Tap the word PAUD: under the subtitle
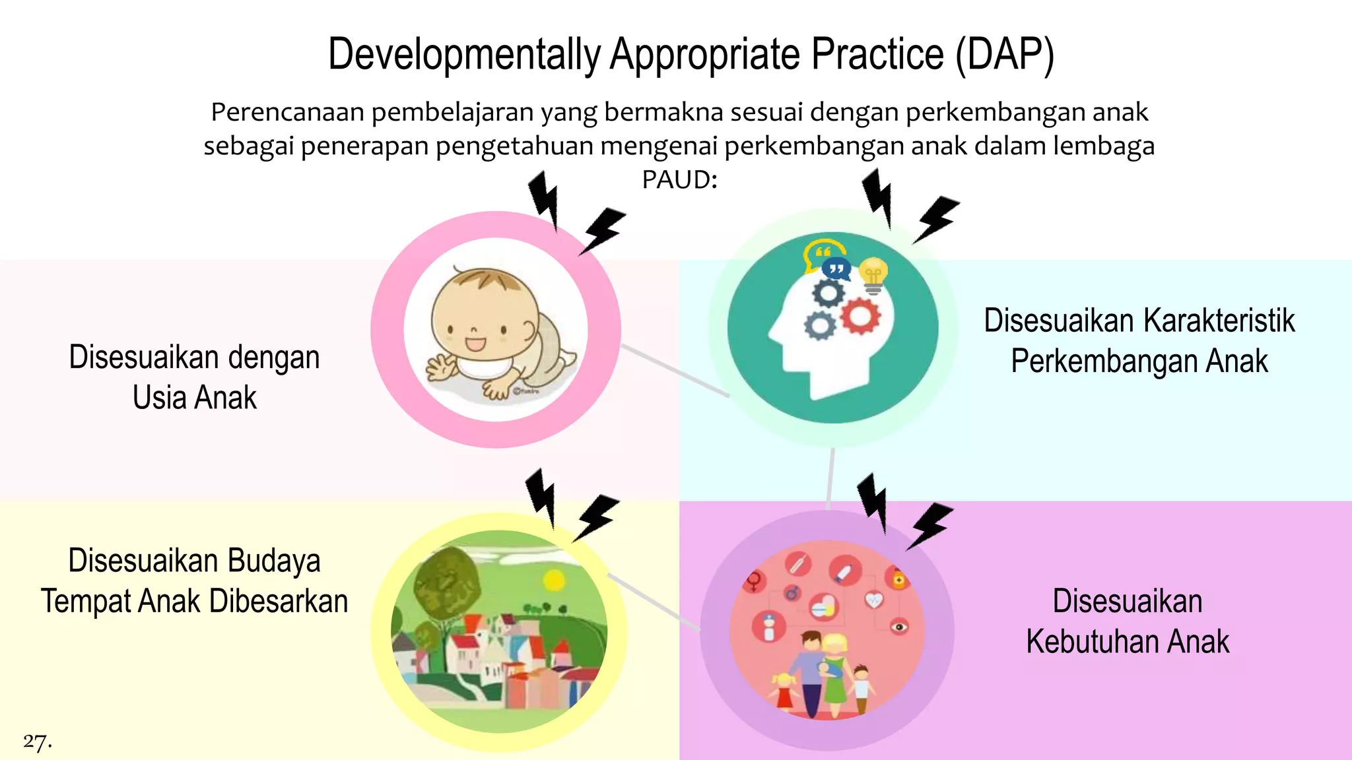(679, 179)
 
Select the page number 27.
(37, 742)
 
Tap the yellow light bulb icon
(873, 274)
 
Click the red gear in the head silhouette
(860, 315)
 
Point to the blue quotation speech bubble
(836, 269)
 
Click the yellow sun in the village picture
(553, 581)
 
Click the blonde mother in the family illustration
(834, 673)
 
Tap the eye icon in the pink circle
(899, 625)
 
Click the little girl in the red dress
(784, 691)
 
